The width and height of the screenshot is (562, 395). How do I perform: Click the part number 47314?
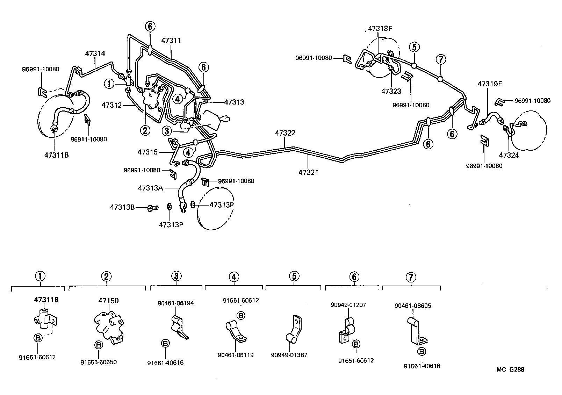pyautogui.click(x=95, y=53)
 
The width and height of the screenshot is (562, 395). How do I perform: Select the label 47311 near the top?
pyautogui.click(x=171, y=41)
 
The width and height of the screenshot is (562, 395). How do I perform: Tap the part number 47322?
pyautogui.click(x=285, y=133)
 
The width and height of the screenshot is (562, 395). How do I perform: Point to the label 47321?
pyautogui.click(x=309, y=172)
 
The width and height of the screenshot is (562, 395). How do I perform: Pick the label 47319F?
pyautogui.click(x=490, y=84)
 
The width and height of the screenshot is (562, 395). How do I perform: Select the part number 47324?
pyautogui.click(x=509, y=155)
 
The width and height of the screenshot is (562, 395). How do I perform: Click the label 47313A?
pyautogui.click(x=150, y=188)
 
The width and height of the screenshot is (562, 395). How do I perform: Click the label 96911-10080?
pyautogui.click(x=89, y=139)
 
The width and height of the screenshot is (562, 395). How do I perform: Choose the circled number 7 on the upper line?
pyautogui.click(x=441, y=59)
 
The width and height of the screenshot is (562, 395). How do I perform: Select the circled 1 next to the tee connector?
pyautogui.click(x=109, y=84)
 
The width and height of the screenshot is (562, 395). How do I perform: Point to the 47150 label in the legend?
pyautogui.click(x=108, y=301)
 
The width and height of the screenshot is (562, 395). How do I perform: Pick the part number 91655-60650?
pyautogui.click(x=99, y=362)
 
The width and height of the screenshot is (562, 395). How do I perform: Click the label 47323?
pyautogui.click(x=391, y=91)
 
